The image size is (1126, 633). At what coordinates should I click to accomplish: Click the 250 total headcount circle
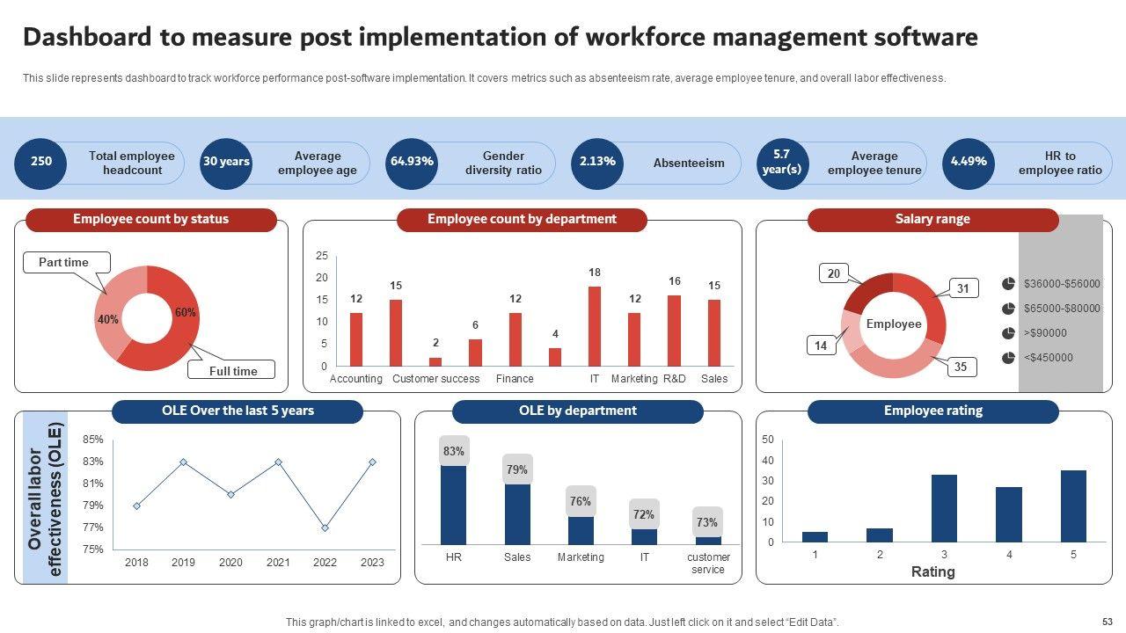point(41,163)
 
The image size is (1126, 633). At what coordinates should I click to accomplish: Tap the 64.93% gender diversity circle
point(412,163)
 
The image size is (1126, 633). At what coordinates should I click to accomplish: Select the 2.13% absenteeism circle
point(597,163)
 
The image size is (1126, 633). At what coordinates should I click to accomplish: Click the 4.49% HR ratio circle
point(969,163)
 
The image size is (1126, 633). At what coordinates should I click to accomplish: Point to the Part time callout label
point(64,262)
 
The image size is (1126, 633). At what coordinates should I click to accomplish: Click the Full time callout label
point(233,370)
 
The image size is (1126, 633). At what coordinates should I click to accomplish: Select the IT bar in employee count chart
point(595,326)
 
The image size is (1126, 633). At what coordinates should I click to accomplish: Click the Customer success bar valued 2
point(435,361)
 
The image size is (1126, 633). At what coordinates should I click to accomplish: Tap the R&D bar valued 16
point(675,331)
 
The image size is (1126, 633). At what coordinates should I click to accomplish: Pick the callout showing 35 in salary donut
point(960,367)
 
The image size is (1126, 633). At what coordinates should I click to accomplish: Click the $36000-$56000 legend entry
point(1061,284)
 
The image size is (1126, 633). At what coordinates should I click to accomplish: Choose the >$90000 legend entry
point(1045,333)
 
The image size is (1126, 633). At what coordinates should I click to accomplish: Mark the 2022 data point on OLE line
point(325,527)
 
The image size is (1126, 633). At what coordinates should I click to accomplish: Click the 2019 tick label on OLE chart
point(183,563)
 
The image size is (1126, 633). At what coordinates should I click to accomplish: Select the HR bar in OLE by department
point(454,505)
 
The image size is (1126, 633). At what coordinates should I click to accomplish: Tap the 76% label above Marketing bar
point(581,501)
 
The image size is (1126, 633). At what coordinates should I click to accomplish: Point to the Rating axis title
point(932,572)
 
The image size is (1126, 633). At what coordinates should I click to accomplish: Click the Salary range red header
point(932,220)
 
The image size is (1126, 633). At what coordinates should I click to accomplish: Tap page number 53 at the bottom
point(1107,622)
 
